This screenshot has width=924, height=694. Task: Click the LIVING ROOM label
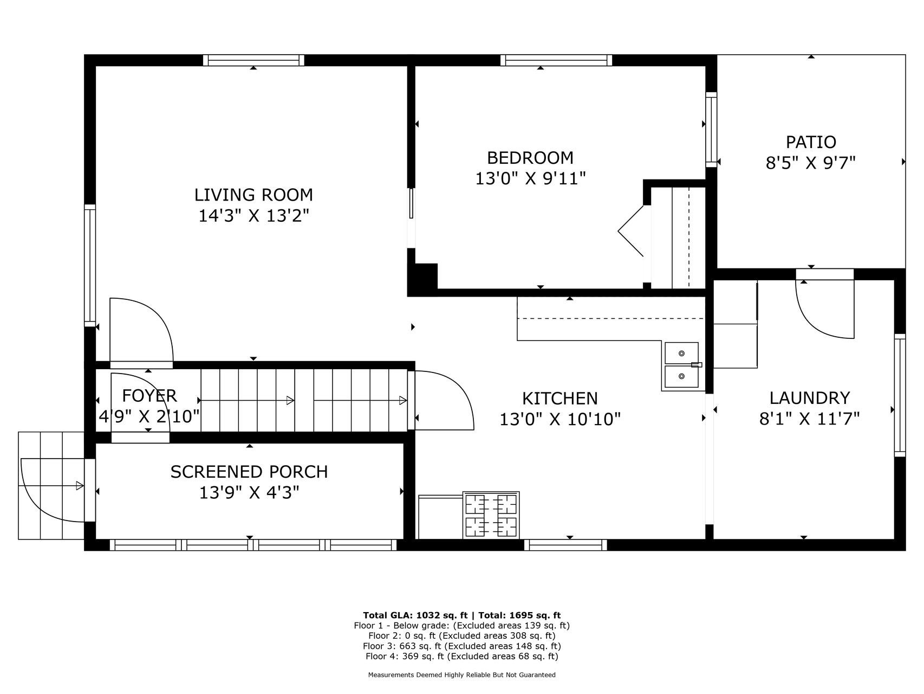pyautogui.click(x=253, y=195)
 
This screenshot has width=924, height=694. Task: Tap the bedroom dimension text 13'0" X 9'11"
pyautogui.click(x=531, y=178)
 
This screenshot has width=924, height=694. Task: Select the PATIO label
pyautogui.click(x=811, y=142)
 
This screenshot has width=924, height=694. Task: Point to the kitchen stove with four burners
pyautogui.click(x=491, y=515)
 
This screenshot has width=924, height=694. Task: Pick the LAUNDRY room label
pyautogui.click(x=810, y=399)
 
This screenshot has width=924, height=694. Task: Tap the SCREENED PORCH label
pyautogui.click(x=249, y=472)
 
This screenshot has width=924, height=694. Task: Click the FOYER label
pyautogui.click(x=149, y=396)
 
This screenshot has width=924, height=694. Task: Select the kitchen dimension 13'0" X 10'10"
pyautogui.click(x=560, y=419)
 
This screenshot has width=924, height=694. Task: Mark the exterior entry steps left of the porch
pyautogui.click(x=51, y=485)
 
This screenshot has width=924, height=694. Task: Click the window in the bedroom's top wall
pyautogui.click(x=556, y=60)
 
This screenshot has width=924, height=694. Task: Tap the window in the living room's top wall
pyautogui.click(x=253, y=60)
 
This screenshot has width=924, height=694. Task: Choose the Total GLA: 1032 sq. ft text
pyautogui.click(x=415, y=615)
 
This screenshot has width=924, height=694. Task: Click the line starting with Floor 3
pyautogui.click(x=462, y=646)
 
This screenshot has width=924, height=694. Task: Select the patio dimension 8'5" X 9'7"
pyautogui.click(x=811, y=163)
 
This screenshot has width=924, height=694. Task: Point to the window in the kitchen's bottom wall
pyautogui.click(x=565, y=545)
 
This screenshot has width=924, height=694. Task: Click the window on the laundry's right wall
pyautogui.click(x=900, y=395)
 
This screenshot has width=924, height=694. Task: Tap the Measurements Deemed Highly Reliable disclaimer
pyautogui.click(x=462, y=675)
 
